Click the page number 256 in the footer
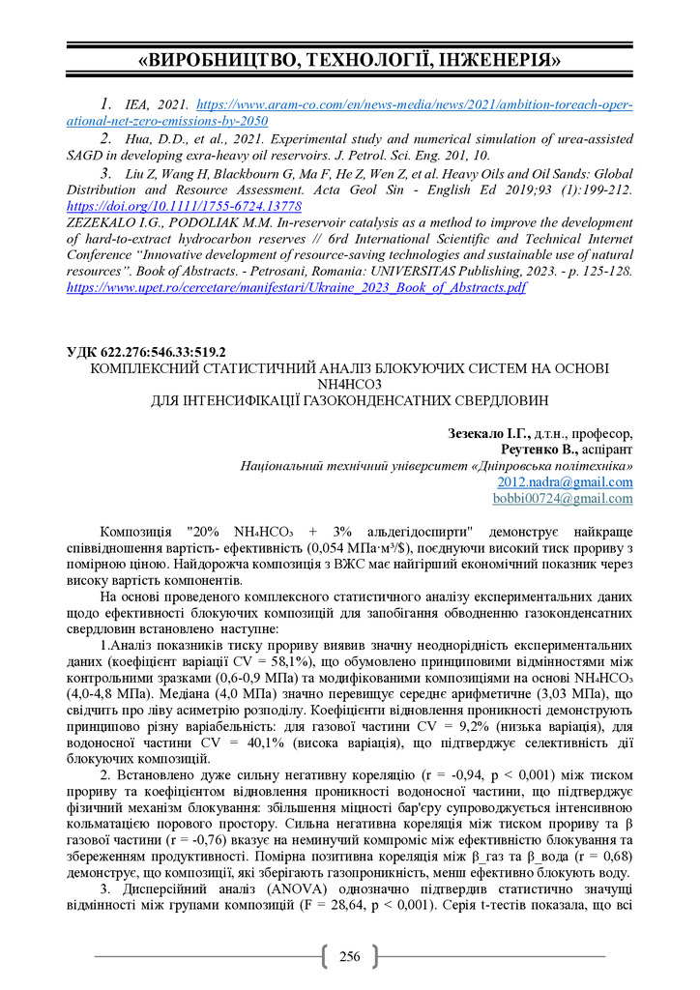349,957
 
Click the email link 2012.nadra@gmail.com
565,481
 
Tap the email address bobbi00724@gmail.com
563,498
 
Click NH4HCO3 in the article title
349,383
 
